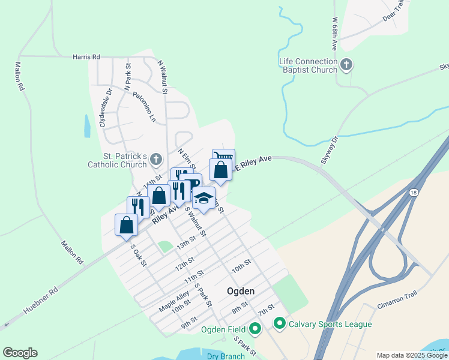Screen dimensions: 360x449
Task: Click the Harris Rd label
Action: pos(86,57)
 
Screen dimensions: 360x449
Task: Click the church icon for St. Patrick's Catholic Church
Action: pos(156,160)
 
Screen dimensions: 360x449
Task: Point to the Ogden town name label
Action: pos(241,291)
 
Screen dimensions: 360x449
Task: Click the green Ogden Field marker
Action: pos(255,329)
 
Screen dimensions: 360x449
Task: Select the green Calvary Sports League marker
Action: pos(279,324)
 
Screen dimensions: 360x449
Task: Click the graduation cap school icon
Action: pos(203,197)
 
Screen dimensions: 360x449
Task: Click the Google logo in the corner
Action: pos(20,353)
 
